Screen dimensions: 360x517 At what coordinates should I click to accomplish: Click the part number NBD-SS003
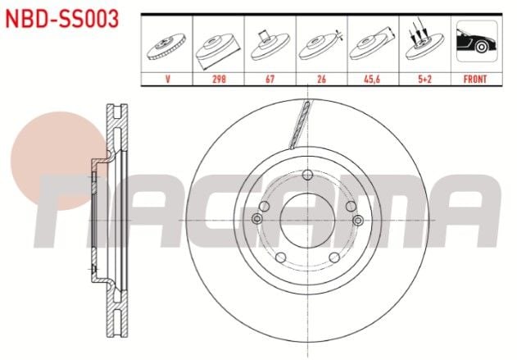pos(64,18)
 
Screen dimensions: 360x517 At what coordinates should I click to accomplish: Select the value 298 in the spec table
pos(219,80)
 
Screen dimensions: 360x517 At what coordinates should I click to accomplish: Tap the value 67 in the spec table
pos(270,80)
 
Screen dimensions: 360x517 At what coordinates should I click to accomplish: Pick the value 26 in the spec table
pos(320,80)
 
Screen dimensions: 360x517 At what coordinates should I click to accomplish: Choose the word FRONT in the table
pos(474,80)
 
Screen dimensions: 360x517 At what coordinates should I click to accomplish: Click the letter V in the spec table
pos(167,80)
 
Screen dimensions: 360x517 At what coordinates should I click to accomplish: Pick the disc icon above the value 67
pos(270,45)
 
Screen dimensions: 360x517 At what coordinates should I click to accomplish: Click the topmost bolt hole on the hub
pos(307,175)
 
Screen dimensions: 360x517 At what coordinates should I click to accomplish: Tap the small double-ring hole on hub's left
pos(257,219)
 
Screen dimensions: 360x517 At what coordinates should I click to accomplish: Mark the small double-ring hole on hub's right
pos(357,219)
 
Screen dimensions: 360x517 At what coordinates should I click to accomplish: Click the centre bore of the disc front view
pos(307,220)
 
